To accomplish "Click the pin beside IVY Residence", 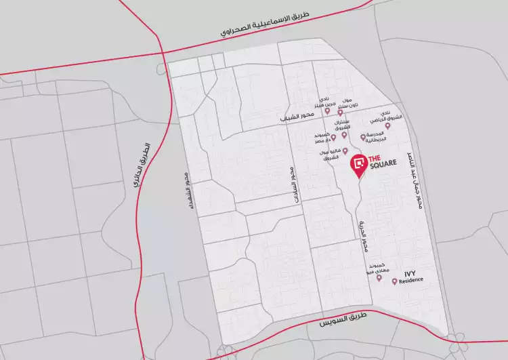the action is (394, 281).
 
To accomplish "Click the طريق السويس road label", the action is (345, 317).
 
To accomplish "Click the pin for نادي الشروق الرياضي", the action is (387, 125).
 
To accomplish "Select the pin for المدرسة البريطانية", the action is (362, 137).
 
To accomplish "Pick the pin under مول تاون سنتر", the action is (341, 112).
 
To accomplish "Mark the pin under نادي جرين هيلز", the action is (327, 111).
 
